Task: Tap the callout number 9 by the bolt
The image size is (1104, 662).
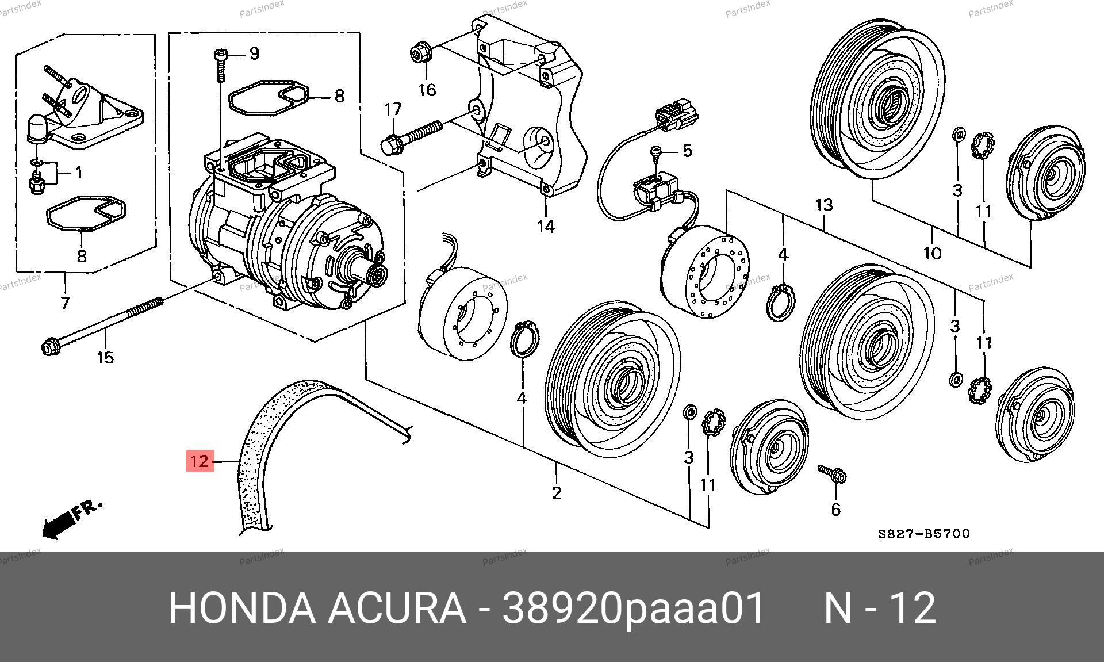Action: [254, 53]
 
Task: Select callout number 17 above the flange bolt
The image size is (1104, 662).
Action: [393, 109]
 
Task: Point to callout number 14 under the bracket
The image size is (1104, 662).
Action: [546, 227]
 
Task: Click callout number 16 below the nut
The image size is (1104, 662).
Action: [427, 90]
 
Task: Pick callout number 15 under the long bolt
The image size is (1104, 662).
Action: [105, 358]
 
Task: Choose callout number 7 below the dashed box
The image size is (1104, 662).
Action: [65, 303]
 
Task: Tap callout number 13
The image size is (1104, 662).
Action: [824, 205]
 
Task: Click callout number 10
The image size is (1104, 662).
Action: [933, 252]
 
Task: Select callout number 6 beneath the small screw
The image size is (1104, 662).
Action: [836, 509]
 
